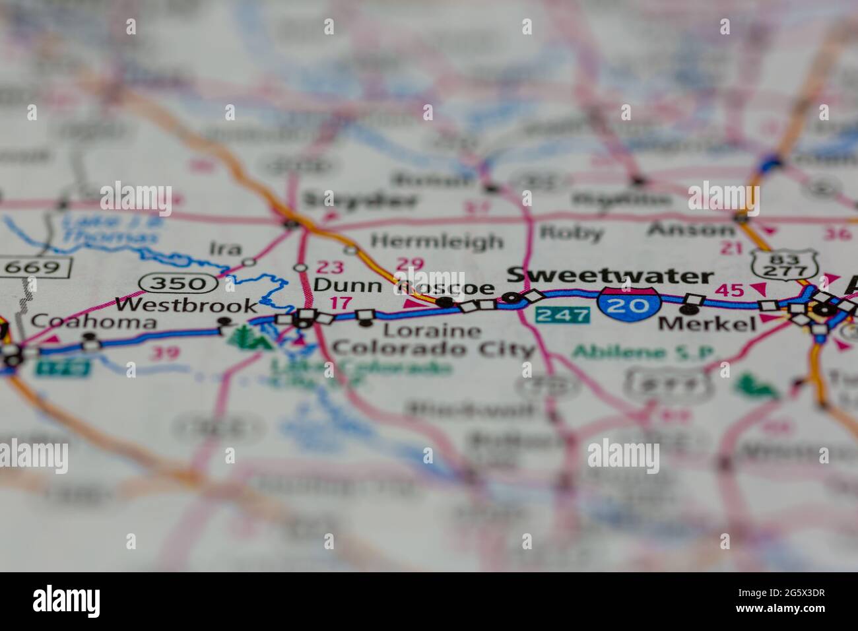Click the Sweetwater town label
point(610,275)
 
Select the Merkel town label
point(707,323)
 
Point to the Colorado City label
point(433,349)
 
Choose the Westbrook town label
point(186,306)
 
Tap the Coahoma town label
point(94,322)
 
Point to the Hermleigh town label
point(436,242)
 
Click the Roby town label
point(571,232)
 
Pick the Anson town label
point(690,230)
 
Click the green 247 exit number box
point(562,314)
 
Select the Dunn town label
point(347,286)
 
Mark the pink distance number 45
point(729,290)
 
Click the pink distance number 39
point(164,352)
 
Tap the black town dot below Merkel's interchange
point(688,309)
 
